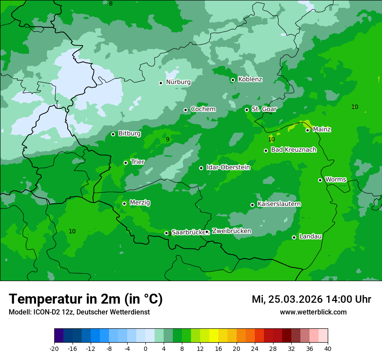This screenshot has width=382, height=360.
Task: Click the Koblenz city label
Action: pyautogui.click(x=250, y=79)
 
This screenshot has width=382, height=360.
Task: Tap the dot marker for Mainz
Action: pyautogui.click(x=307, y=130)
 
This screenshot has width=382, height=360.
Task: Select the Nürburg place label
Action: pyautogui.click(x=178, y=82)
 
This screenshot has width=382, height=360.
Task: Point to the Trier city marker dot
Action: pyautogui.click(x=125, y=163)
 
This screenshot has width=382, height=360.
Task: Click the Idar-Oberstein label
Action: pyautogui.click(x=228, y=167)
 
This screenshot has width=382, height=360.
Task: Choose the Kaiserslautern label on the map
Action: pyautogui.click(x=279, y=204)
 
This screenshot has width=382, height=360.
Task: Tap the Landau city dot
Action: pyautogui.click(x=294, y=237)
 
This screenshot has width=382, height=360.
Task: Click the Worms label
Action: pyautogui.click(x=336, y=180)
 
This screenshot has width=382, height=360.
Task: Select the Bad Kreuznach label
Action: pyautogui.click(x=293, y=150)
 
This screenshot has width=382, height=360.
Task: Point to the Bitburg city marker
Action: pyautogui.click(x=113, y=134)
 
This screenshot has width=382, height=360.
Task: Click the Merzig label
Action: pyautogui.click(x=140, y=203)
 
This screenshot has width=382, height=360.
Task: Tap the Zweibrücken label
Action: pyautogui.click(x=231, y=231)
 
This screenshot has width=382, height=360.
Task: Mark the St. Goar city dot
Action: pyautogui.click(x=247, y=110)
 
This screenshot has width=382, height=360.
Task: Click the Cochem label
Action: pyautogui.click(x=203, y=109)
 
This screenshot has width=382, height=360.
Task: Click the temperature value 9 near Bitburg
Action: pyautogui.click(x=168, y=140)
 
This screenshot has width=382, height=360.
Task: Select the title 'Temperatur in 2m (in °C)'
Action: pyautogui.click(x=86, y=299)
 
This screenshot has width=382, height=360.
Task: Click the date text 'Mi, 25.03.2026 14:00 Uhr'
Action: pyautogui.click(x=311, y=299)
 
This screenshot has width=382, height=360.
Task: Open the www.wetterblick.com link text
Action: pyautogui.click(x=313, y=312)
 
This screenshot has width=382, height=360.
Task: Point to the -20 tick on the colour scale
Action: pyautogui.click(x=54, y=348)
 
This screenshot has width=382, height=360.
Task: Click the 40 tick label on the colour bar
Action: pyautogui.click(x=328, y=348)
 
